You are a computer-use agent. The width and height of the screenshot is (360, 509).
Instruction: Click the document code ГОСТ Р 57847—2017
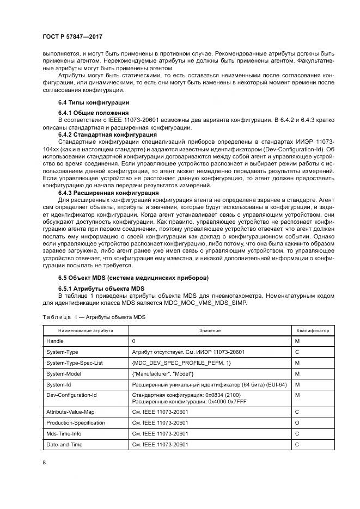pyautogui.click(x=72, y=36)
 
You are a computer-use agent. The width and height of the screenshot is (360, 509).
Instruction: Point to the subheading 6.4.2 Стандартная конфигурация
pyautogui.click(x=100, y=134)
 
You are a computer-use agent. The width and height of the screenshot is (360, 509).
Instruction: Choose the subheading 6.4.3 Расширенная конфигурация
pyautogui.click(x=101, y=192)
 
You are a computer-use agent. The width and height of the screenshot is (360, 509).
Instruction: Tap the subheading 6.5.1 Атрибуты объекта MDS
pyautogui.click(x=97, y=289)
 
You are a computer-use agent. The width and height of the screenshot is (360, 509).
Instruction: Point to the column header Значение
pyautogui.click(x=210, y=330)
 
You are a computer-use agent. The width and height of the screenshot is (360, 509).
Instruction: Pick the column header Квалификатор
pyautogui.click(x=313, y=330)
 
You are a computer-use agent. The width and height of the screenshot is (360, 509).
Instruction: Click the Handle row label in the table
pyautogui.click(x=55, y=341)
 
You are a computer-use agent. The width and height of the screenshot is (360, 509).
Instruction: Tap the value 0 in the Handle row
pyautogui.click(x=133, y=341)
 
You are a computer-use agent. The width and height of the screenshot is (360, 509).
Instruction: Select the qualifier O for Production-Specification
pyautogui.click(x=297, y=422)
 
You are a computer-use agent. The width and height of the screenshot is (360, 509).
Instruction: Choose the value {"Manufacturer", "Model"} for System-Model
pyautogui.click(x=162, y=373)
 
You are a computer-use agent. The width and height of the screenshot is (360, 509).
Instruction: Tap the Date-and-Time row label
pyautogui.click(x=65, y=444)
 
